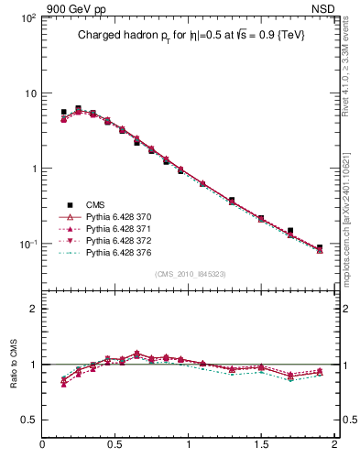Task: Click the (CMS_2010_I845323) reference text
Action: tap(189, 273)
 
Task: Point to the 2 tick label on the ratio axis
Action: tap(32, 309)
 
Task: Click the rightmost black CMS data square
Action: tap(320, 247)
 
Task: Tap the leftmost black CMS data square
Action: tap(63, 112)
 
